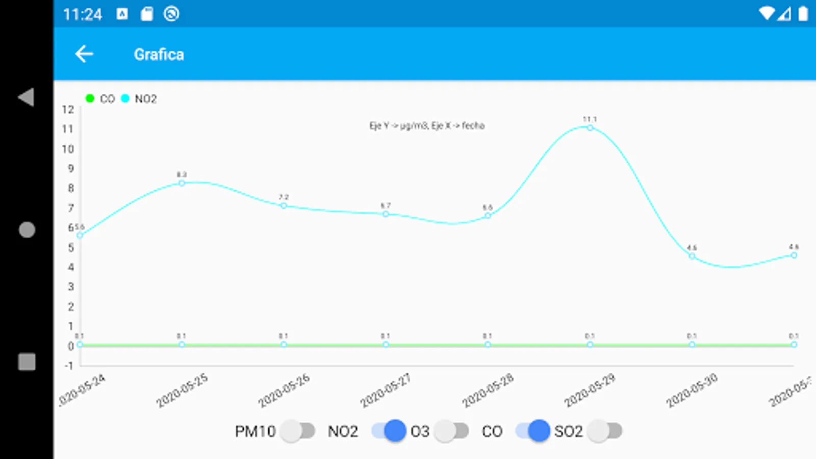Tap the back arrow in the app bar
coord(84,54)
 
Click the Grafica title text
coord(159,55)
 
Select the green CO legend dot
coord(90,98)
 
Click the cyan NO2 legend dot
coord(125,98)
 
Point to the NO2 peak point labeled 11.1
coord(590,128)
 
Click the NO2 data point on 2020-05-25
coord(182,183)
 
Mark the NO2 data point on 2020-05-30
coord(692,256)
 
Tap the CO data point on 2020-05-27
coord(386,345)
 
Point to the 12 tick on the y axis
coord(68,110)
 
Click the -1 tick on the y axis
coord(69,366)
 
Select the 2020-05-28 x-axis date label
coord(488,391)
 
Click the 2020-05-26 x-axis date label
coord(284,391)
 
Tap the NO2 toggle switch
coord(389,431)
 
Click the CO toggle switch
coord(532,431)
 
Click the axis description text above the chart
coord(427,125)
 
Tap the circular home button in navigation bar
coord(27,230)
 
